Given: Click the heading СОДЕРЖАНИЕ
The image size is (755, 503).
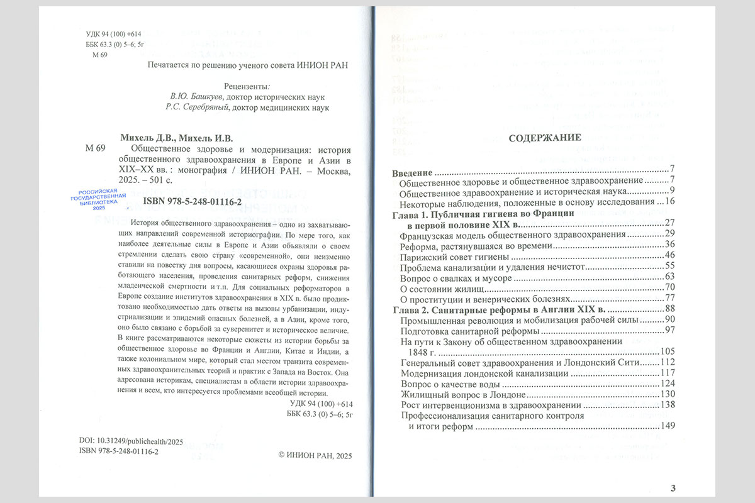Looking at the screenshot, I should [545, 138].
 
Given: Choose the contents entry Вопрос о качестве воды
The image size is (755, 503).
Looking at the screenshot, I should [450, 384].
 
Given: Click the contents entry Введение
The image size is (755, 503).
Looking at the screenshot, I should [412, 172].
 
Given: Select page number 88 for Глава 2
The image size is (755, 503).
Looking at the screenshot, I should [669, 309].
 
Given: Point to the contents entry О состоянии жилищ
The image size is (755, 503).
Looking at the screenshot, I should [441, 289].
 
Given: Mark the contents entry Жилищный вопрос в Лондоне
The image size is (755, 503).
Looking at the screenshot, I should [462, 394].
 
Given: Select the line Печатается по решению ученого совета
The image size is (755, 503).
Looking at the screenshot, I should [247, 65].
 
